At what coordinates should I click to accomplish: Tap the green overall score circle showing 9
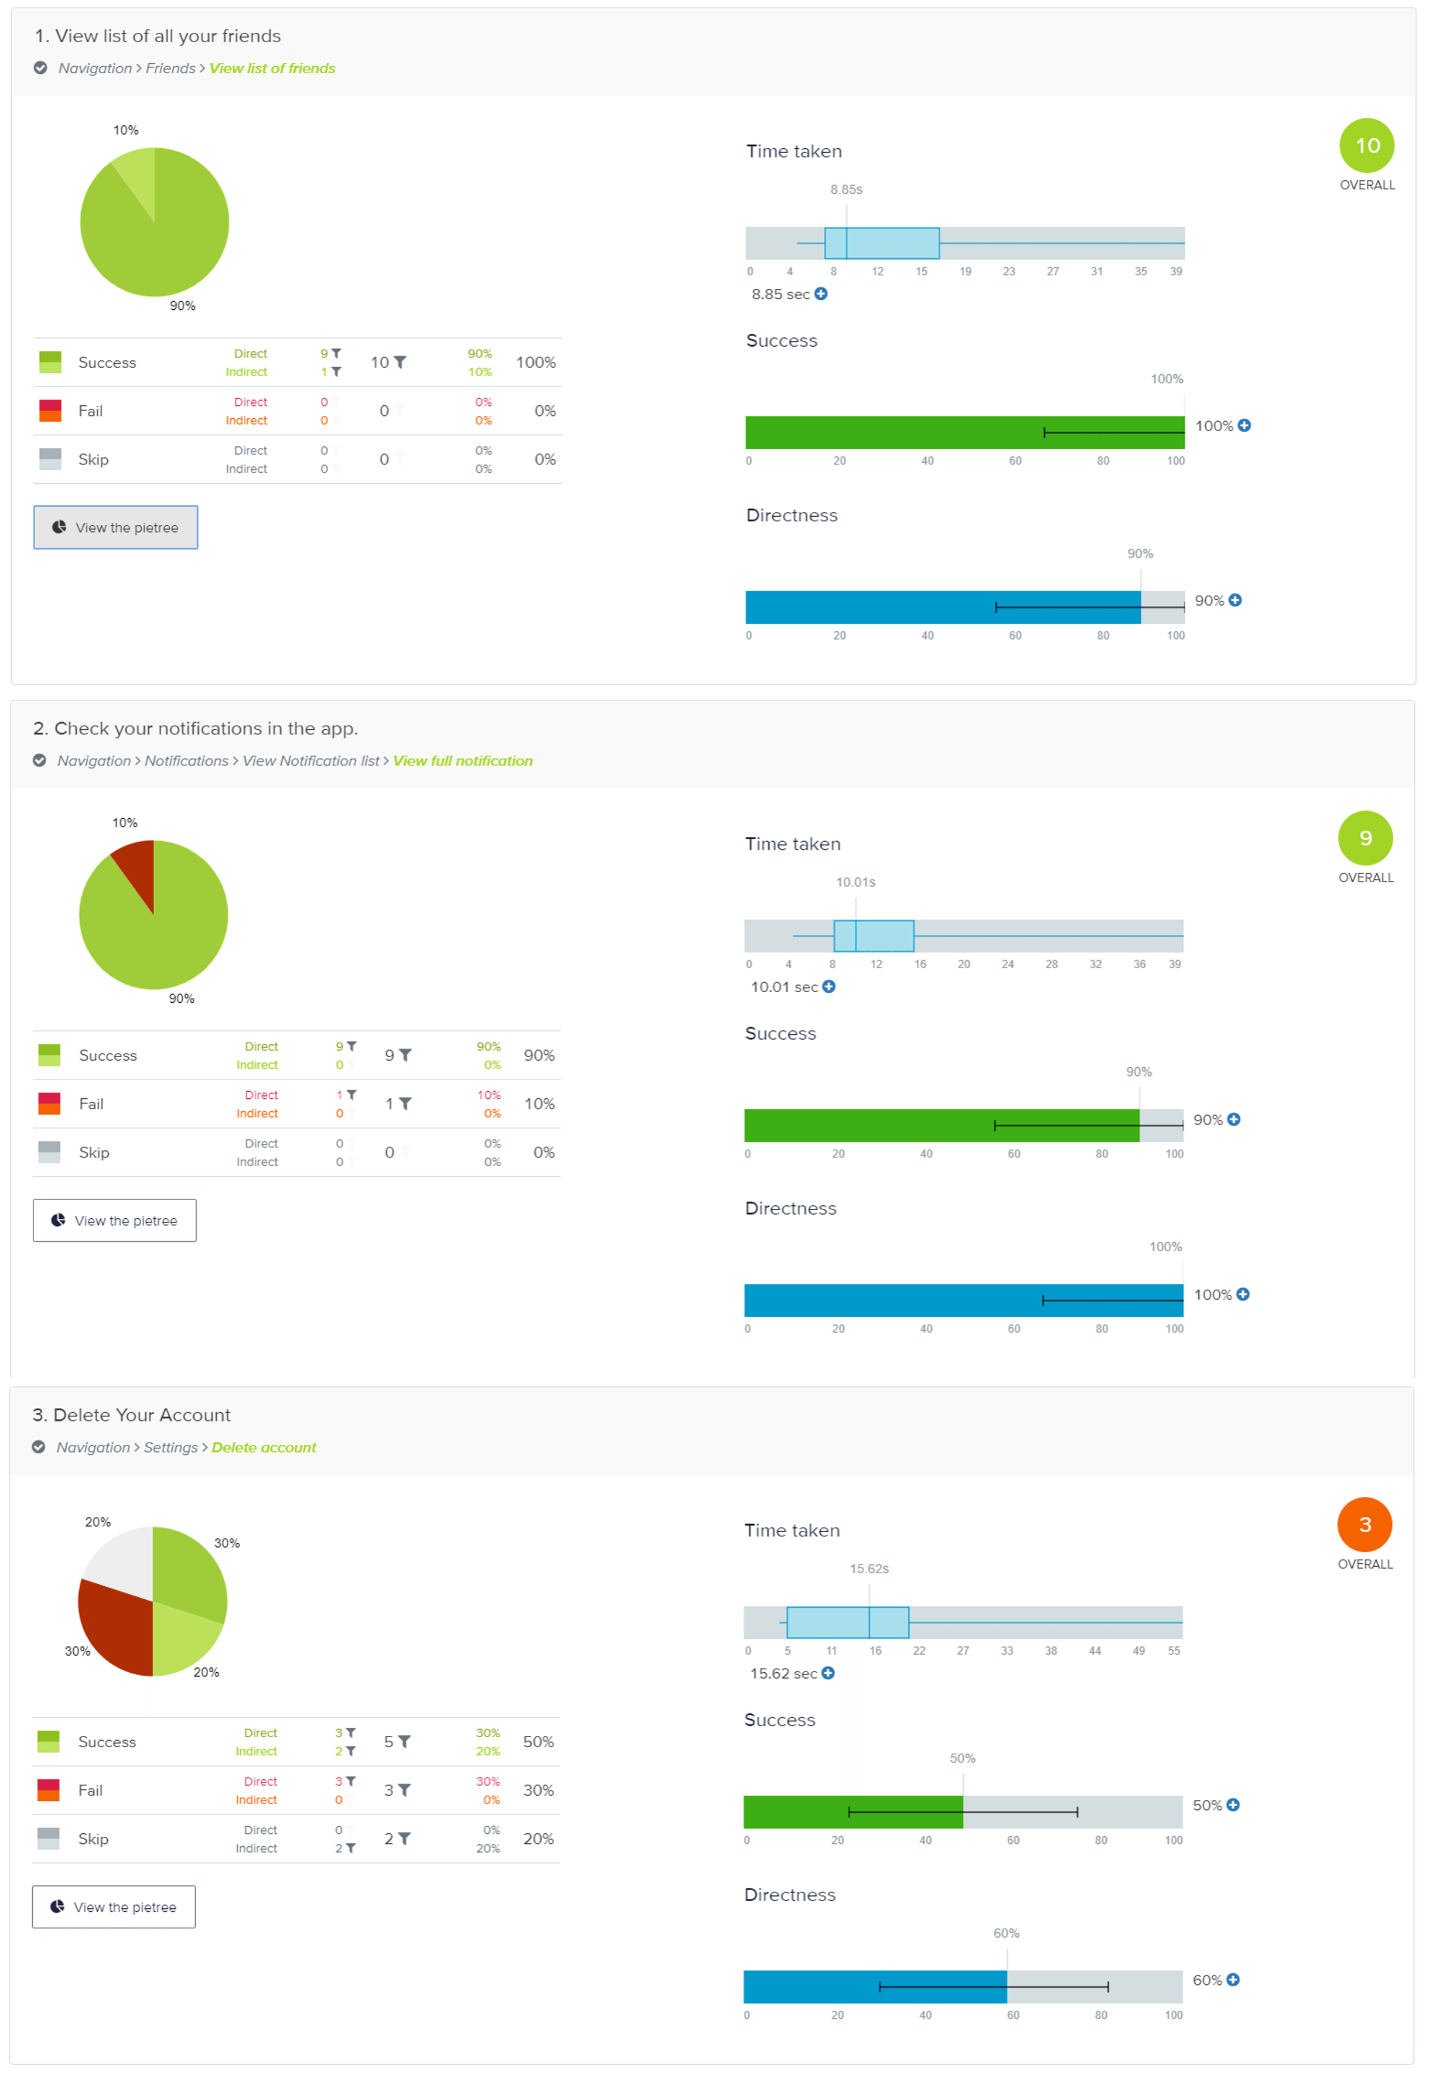(1365, 838)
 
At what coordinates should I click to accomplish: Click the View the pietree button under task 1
(115, 527)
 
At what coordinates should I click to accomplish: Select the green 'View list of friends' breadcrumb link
(272, 68)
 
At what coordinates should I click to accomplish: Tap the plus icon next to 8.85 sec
(821, 293)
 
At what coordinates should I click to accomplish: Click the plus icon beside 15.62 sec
(828, 1673)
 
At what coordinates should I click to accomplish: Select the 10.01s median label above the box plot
(855, 881)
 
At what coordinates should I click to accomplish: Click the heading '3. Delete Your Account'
(132, 1414)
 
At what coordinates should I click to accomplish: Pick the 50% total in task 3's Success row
(538, 1741)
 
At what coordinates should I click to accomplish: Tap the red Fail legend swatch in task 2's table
(49, 1103)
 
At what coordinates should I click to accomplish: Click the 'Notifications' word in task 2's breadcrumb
(186, 761)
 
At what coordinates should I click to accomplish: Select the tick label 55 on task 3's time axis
(1173, 1651)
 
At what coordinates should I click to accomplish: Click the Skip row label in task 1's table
(93, 459)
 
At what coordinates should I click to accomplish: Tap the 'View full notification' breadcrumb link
(462, 761)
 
